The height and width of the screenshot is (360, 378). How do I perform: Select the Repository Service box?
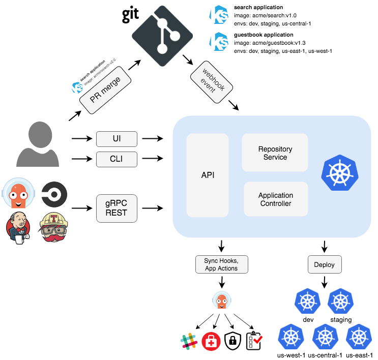pos(275,153)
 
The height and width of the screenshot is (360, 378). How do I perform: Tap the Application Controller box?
pos(275,199)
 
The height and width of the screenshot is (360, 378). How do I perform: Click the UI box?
pos(117,138)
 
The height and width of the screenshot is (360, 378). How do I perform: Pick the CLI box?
pos(117,160)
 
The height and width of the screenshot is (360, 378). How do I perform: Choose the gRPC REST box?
pos(117,208)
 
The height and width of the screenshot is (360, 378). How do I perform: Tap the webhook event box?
pos(211,80)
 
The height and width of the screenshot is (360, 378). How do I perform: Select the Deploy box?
pos(325,264)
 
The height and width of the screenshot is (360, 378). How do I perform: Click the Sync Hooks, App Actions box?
pos(221,264)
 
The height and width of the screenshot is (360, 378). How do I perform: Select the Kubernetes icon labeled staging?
pos(340,302)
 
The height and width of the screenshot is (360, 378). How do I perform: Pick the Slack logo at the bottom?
pos(189,341)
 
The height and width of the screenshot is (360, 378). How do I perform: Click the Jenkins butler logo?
pos(18,227)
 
